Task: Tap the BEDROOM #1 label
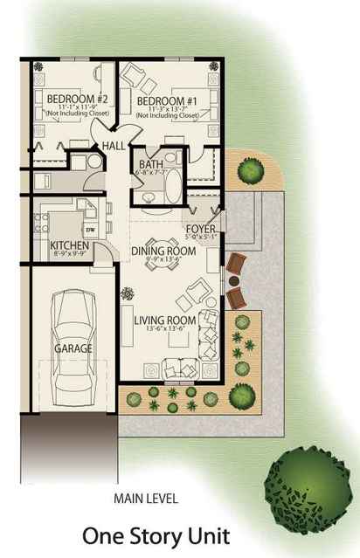(x=163, y=100)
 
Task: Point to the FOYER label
(x=200, y=229)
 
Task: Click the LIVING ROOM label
(x=163, y=320)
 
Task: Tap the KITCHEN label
(x=68, y=245)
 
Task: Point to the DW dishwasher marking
(x=89, y=230)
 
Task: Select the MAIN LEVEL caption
(x=146, y=499)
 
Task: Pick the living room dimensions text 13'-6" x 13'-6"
(x=163, y=330)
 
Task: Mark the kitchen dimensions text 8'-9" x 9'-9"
(x=68, y=254)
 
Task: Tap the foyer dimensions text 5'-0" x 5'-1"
(x=200, y=237)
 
